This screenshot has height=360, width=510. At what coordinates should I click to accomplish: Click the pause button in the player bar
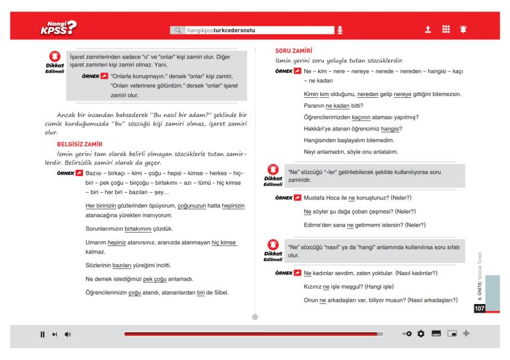tap(42, 334)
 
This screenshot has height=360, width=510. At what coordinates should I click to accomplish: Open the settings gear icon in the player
tap(422, 334)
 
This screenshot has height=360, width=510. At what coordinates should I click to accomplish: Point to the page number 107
tap(480, 308)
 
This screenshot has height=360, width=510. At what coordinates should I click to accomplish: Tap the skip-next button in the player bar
tap(55, 334)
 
